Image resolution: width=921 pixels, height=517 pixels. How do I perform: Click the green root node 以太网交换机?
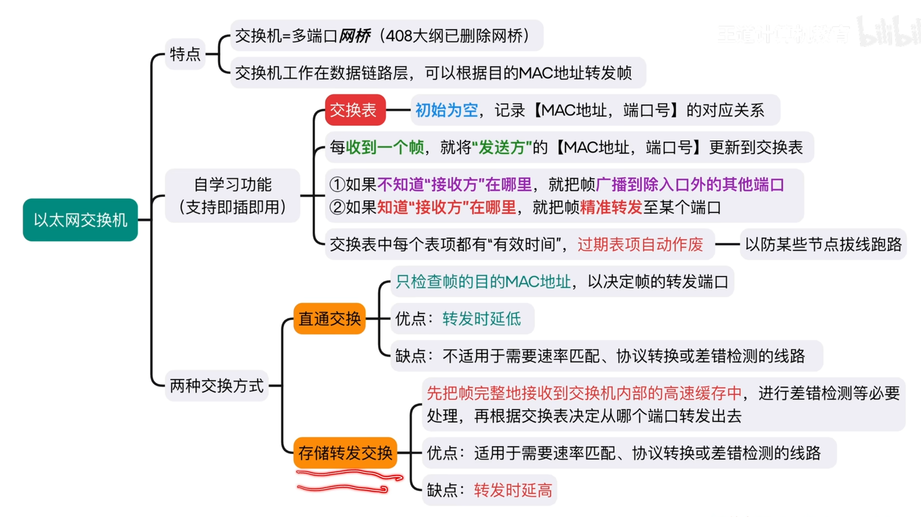[80, 220]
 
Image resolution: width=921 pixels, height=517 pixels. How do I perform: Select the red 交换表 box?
[355, 110]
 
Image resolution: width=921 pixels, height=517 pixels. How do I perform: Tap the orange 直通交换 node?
[329, 318]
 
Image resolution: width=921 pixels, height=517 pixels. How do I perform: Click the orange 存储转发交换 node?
[345, 453]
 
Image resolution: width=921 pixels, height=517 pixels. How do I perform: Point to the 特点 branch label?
[185, 54]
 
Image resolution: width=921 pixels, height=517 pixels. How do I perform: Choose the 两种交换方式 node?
[217, 386]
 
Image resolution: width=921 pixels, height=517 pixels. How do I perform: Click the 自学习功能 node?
[233, 196]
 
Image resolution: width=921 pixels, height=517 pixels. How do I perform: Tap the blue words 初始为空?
[446, 110]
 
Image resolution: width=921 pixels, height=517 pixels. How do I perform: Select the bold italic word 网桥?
[354, 36]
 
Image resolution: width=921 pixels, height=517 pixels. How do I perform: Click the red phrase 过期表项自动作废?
[640, 244]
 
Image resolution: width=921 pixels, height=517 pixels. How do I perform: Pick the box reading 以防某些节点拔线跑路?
[823, 244]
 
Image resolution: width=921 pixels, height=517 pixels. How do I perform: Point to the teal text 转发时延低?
[481, 318]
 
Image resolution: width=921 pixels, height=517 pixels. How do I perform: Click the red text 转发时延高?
[513, 490]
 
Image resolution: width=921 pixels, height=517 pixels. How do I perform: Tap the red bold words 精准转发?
[611, 207]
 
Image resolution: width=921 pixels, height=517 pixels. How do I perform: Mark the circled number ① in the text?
[337, 185]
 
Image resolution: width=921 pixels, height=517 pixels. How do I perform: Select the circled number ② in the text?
[337, 207]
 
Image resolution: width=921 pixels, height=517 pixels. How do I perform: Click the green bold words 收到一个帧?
[385, 147]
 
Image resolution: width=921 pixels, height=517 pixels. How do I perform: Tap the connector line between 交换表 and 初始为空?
[398, 110]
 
